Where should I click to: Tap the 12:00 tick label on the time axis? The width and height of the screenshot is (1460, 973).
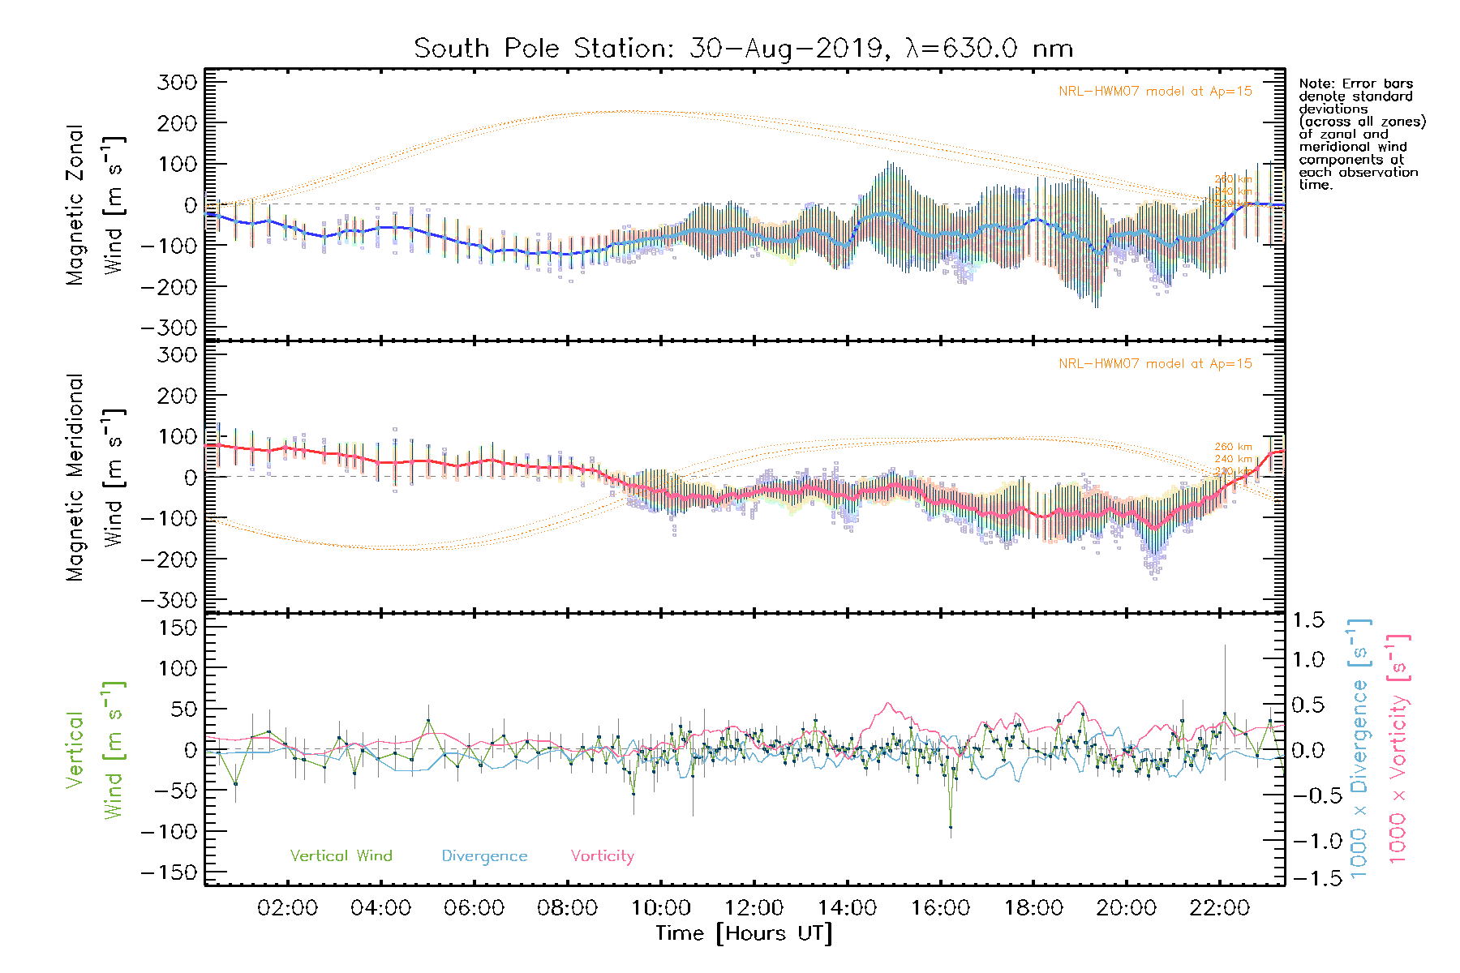(x=754, y=907)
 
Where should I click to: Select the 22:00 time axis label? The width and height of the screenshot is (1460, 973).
(x=1219, y=907)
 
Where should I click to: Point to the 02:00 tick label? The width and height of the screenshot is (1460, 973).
(x=288, y=907)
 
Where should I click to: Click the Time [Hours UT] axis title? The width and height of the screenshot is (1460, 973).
(x=744, y=933)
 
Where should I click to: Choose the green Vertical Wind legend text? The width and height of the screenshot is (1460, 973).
(x=341, y=855)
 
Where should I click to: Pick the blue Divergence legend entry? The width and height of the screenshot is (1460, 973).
(x=484, y=856)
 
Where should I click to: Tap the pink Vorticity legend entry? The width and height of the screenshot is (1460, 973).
(x=602, y=855)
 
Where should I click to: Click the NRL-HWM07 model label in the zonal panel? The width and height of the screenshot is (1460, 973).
(x=1155, y=92)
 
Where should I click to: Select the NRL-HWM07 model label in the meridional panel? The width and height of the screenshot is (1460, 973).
(x=1155, y=364)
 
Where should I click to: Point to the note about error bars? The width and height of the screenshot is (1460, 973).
(x=1361, y=134)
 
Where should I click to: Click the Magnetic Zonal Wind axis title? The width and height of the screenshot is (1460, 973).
(x=95, y=205)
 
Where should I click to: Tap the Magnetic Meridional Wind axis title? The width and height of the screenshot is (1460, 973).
(x=95, y=478)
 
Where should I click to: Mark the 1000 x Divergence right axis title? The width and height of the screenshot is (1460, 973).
(x=1359, y=748)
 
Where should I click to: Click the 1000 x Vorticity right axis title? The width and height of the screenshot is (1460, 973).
(x=1398, y=748)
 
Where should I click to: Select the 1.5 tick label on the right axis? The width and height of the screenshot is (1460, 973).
(x=1308, y=620)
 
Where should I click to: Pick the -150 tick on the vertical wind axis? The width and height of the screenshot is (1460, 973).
(x=169, y=872)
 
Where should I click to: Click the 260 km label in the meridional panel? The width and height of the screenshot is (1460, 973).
(x=1233, y=447)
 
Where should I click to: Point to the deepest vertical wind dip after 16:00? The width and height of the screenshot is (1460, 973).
(x=951, y=827)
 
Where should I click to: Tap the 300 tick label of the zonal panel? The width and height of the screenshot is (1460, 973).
(x=177, y=82)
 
